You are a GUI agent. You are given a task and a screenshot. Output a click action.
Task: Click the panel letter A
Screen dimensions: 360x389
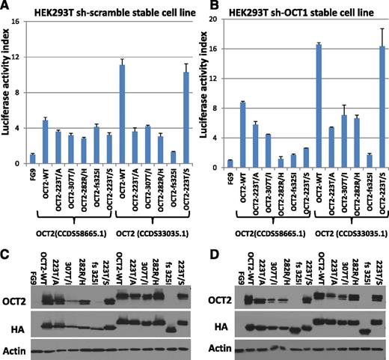pyautogui.click(x=6, y=7)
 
